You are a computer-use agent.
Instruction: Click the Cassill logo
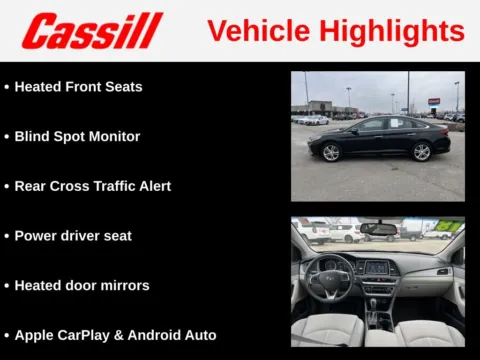click(91, 31)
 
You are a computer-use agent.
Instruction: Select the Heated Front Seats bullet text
click(78, 87)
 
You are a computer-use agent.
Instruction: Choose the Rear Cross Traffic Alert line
click(92, 186)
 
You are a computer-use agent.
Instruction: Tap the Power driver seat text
click(73, 236)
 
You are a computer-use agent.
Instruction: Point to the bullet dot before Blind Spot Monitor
click(7, 137)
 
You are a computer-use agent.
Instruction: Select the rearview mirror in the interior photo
click(378, 229)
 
